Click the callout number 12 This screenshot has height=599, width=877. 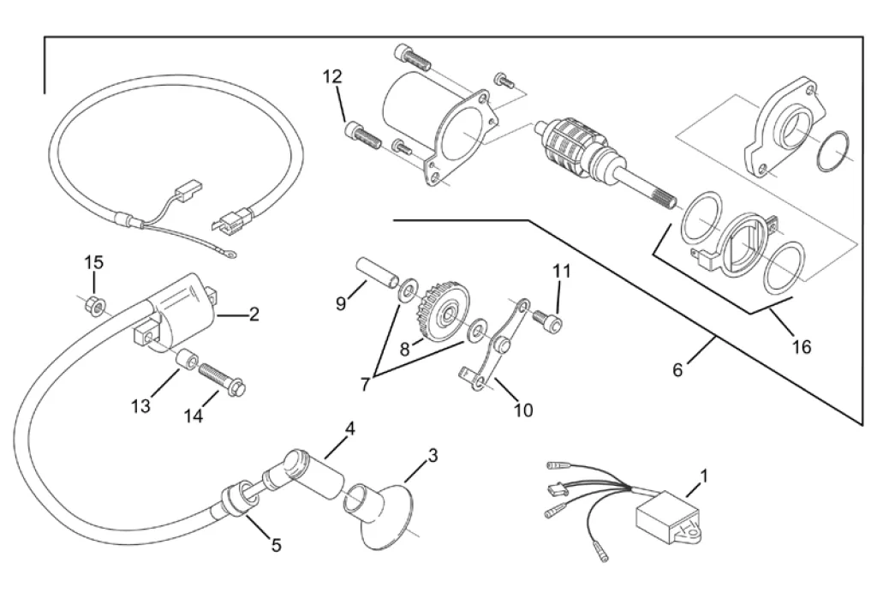coord(332,77)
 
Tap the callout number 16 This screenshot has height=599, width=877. coord(801,347)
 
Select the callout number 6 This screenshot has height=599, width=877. coord(677,370)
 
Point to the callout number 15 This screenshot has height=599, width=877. coord(93,261)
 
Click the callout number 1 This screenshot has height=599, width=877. coord(704,474)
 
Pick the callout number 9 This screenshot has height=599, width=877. coord(341,302)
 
